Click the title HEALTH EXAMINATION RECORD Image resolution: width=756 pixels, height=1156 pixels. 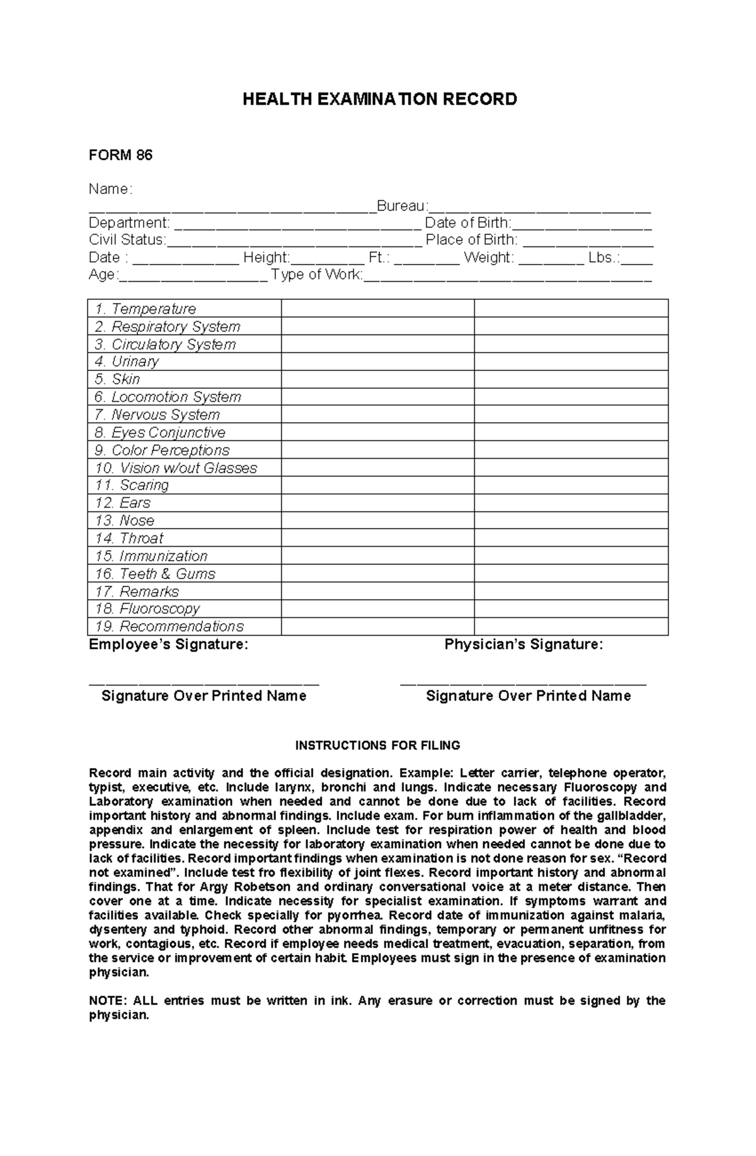pos(379,100)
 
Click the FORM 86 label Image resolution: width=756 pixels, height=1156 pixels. pos(120,155)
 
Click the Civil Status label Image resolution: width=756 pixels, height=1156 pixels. pos(127,240)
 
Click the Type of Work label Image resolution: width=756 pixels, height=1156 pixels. pos(317,275)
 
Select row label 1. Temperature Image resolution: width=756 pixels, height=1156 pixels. pos(146,309)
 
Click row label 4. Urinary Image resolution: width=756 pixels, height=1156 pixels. pos(127,362)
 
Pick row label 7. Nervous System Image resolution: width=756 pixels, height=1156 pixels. pos(157,415)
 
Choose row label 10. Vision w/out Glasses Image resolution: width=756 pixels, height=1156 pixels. pos(176,468)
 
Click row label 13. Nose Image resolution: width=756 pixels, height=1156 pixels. pos(125,521)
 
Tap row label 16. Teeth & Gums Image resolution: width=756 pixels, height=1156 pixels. pos(155,574)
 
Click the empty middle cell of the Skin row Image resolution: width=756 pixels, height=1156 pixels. pos(377,379)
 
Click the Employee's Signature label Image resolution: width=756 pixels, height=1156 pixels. pos(168,644)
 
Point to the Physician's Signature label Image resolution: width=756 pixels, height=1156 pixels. pos(524,644)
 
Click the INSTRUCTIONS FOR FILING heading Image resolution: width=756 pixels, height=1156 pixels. pos(378,745)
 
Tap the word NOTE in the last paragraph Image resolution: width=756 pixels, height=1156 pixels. pos(107,1001)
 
